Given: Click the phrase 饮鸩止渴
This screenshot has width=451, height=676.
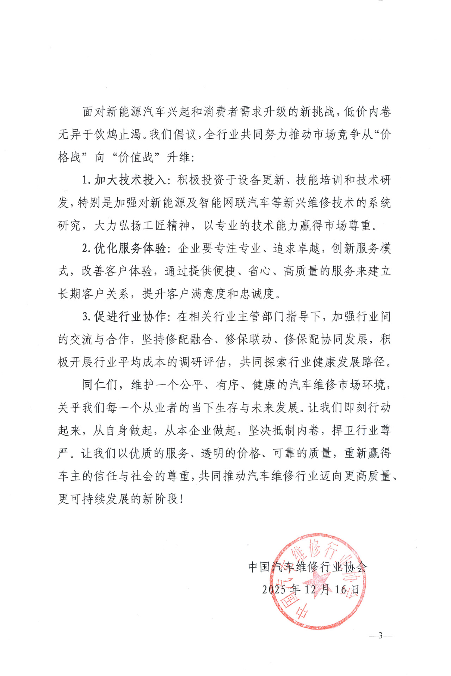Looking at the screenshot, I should click(118, 134).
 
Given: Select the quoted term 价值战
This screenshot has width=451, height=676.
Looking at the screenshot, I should click(136, 157).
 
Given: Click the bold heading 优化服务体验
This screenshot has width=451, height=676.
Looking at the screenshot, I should click(130, 248).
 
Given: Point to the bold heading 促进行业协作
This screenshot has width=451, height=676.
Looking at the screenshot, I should click(130, 317).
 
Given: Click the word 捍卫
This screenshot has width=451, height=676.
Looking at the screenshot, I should click(344, 430).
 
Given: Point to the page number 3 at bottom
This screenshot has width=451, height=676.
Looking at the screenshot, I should click(380, 636).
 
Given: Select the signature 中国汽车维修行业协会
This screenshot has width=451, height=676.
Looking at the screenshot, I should click(308, 567).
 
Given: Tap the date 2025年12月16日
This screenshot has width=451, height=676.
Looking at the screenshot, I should click(310, 589).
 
